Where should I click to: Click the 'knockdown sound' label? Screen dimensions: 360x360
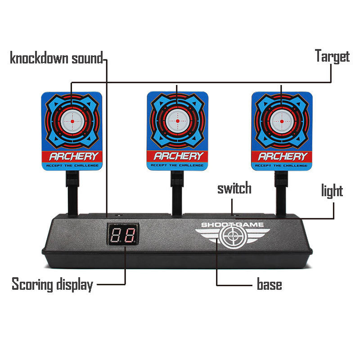pyautogui.click(x=56, y=58)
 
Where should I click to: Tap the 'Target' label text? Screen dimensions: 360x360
pyautogui.click(x=332, y=57)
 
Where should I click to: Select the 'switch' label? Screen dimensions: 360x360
pyautogui.click(x=234, y=188)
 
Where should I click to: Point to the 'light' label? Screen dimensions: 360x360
pyautogui.click(x=332, y=191)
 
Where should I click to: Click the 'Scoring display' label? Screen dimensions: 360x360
pyautogui.click(x=52, y=284)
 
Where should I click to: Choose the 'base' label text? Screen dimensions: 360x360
pyautogui.click(x=269, y=284)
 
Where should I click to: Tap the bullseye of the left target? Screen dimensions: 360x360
pyautogui.click(x=72, y=120)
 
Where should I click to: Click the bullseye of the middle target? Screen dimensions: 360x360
pyautogui.click(x=177, y=121)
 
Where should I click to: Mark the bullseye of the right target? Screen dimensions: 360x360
pyautogui.click(x=282, y=121)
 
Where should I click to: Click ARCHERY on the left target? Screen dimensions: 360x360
pyautogui.click(x=72, y=157)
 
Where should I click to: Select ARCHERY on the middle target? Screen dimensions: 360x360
pyautogui.click(x=178, y=156)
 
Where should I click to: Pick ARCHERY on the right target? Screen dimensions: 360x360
pyautogui.click(x=282, y=157)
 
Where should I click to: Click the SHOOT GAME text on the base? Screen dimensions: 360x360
pyautogui.click(x=233, y=225)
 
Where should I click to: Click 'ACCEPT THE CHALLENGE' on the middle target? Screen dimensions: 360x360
pyautogui.click(x=178, y=166)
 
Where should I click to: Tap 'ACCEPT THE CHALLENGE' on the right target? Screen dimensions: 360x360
pyautogui.click(x=282, y=166)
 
